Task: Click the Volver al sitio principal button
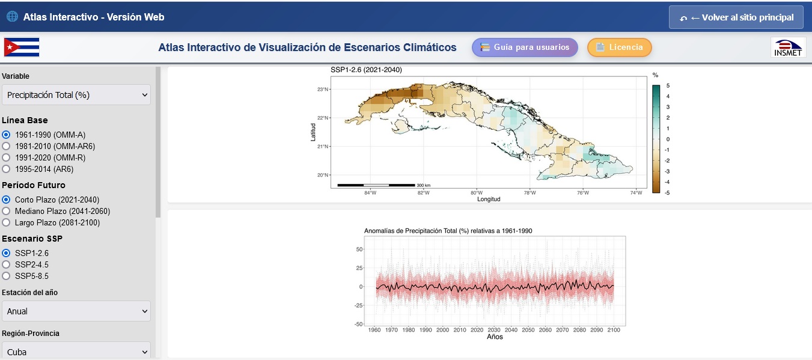(736, 17)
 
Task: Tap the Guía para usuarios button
(525, 47)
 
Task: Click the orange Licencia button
(619, 47)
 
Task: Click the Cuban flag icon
(22, 47)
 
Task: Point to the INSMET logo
(788, 47)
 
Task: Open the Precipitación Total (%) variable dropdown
(76, 95)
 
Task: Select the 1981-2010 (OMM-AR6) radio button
(7, 146)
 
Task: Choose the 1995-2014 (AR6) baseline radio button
(7, 169)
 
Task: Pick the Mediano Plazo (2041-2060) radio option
(7, 211)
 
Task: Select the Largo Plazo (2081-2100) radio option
(7, 222)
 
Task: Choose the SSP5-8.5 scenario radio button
(7, 276)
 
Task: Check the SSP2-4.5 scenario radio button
(7, 264)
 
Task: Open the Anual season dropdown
(76, 311)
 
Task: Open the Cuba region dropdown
(76, 352)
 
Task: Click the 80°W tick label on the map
(477, 193)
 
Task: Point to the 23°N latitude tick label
(323, 90)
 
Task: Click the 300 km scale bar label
(423, 185)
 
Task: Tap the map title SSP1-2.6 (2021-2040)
(366, 70)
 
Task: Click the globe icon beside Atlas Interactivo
(12, 17)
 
